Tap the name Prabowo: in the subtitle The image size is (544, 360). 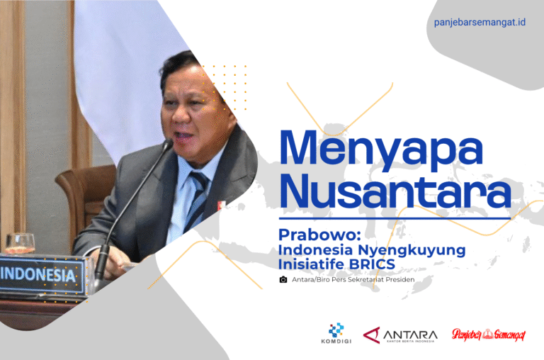pyautogui.click(x=319, y=235)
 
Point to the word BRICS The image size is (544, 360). pyautogui.click(x=372, y=264)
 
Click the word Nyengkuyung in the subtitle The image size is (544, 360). pyautogui.click(x=412, y=251)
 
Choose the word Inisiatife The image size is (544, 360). pyautogui.click(x=312, y=264)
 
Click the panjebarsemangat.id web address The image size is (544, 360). pyautogui.click(x=480, y=23)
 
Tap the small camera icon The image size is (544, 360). pyautogui.click(x=283, y=279)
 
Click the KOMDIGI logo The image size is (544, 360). pyautogui.click(x=336, y=333)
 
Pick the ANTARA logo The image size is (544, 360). pyautogui.click(x=400, y=335)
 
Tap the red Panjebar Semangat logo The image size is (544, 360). pyautogui.click(x=489, y=334)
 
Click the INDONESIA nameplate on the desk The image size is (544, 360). pyautogui.click(x=42, y=275)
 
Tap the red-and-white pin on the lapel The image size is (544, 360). pyautogui.click(x=220, y=205)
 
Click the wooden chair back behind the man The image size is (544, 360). pyautogui.click(x=86, y=194)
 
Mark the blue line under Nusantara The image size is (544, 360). pyautogui.click(x=395, y=219)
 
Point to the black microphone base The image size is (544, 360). pyautogui.click(x=101, y=264)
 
